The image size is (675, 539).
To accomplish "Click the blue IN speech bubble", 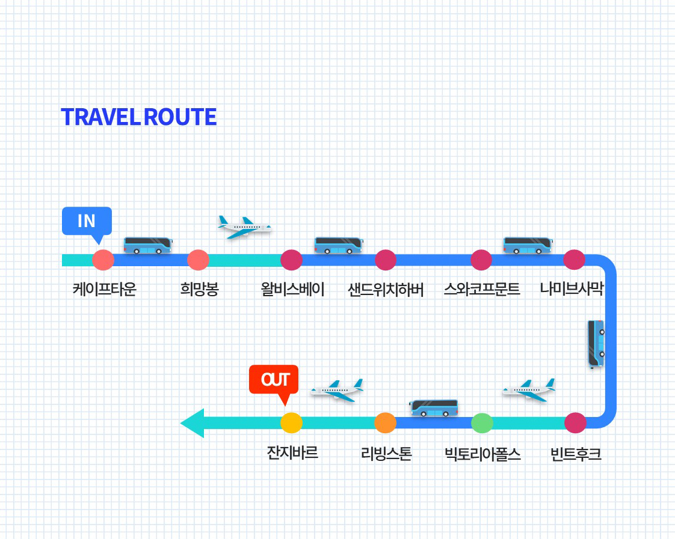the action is point(87,221).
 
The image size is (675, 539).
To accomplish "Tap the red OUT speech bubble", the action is point(274,380).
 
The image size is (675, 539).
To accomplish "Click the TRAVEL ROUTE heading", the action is point(138,117).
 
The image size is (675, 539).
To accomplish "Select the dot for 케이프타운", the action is point(103,260).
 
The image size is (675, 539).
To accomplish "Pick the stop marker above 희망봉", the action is point(198,260).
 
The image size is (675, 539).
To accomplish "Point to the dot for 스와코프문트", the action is point(481,260).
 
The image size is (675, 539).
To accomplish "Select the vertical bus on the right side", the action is point(596,344).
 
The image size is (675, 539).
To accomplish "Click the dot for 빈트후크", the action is point(575,423).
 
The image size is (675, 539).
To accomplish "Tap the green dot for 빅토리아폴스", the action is point(482,423).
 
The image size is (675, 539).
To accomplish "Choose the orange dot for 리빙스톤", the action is point(385,423).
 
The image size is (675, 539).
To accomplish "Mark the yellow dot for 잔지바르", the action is point(291,423).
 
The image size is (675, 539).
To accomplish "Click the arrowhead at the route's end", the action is point(193,423).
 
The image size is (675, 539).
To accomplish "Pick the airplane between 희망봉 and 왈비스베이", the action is point(244,227).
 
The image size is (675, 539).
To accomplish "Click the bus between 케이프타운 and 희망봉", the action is point(148,245).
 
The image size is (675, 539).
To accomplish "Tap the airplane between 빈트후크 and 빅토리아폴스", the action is point(529,390).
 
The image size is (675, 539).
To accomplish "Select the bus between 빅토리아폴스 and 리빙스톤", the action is point(434,408).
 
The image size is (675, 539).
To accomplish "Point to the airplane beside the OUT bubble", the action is point(337,390).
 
